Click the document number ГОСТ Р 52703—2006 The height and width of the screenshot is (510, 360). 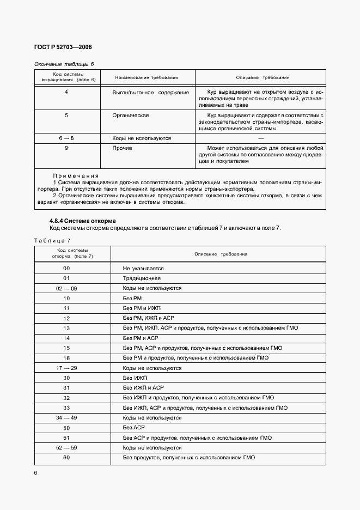pos(63,47)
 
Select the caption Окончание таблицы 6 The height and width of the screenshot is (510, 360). pos(64,64)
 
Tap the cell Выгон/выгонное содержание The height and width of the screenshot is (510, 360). pos(150,93)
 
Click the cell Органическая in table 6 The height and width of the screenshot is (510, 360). pos(131,116)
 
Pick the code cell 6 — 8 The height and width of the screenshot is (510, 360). pos(66,138)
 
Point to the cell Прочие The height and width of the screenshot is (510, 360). pos(123,148)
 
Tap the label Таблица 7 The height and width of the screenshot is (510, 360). pos(52,240)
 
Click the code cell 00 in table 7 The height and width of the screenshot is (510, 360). pos(66,269)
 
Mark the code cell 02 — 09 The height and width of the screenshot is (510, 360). pos(66,288)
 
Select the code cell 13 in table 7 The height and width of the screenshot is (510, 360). pos(66,328)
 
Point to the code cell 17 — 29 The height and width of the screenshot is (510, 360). pos(66,368)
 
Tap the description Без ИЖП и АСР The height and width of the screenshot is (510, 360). pos(143,388)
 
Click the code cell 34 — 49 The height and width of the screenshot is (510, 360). pos(66,417)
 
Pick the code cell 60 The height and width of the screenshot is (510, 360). pos(66,458)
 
